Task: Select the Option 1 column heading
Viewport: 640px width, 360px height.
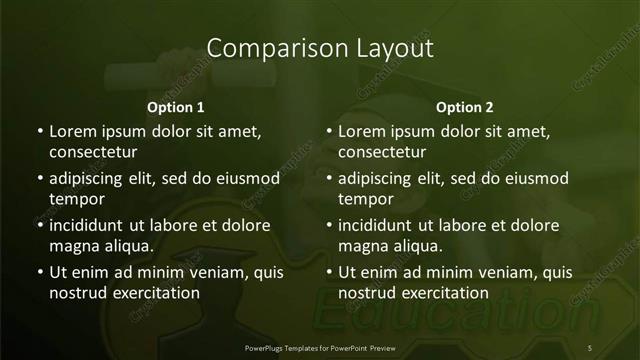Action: (x=176, y=107)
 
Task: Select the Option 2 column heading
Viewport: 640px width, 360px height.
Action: (x=465, y=107)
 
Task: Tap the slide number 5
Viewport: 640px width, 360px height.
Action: (x=590, y=347)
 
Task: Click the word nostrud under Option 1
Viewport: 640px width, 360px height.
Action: (x=76, y=293)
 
